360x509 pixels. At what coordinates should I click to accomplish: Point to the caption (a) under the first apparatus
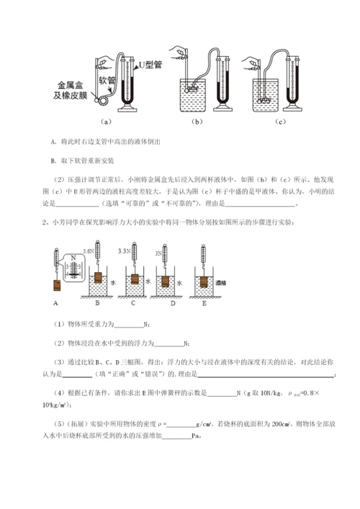click(106, 122)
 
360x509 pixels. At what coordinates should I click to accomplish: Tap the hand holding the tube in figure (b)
click(177, 52)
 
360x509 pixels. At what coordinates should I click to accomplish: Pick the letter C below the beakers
click(131, 304)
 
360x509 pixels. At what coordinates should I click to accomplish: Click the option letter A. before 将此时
click(55, 143)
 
